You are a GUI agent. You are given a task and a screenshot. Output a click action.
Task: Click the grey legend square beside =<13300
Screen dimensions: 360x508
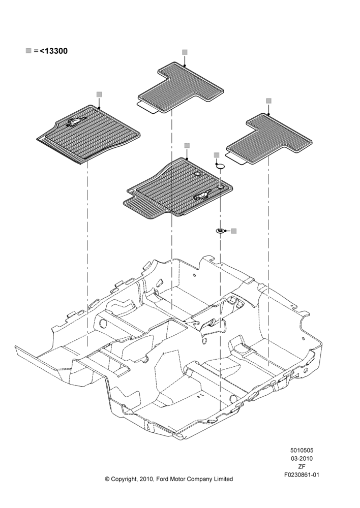(28, 50)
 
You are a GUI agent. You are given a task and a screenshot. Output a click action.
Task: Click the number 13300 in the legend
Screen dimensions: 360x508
(56, 51)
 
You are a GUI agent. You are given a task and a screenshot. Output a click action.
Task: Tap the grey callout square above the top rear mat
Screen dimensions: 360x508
(185, 52)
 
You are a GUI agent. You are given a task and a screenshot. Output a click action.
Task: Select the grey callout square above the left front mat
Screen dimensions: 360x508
(99, 94)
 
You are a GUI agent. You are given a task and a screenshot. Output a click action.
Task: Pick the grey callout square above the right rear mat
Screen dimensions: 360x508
(268, 101)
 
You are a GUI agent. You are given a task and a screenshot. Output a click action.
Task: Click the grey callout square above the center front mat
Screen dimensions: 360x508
(187, 145)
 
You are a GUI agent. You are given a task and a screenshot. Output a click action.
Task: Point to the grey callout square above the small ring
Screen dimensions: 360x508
(217, 155)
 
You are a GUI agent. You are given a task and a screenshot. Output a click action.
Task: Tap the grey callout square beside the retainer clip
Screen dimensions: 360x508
(234, 231)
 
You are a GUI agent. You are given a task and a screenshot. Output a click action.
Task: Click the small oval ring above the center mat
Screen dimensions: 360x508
(221, 166)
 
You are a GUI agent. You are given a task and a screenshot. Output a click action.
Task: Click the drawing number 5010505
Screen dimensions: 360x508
(302, 450)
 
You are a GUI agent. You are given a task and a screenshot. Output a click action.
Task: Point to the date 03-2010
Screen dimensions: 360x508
(302, 458)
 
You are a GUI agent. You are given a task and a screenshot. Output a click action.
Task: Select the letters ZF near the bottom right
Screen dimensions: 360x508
(302, 467)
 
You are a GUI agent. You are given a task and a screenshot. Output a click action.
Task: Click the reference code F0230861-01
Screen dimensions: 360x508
(302, 475)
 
